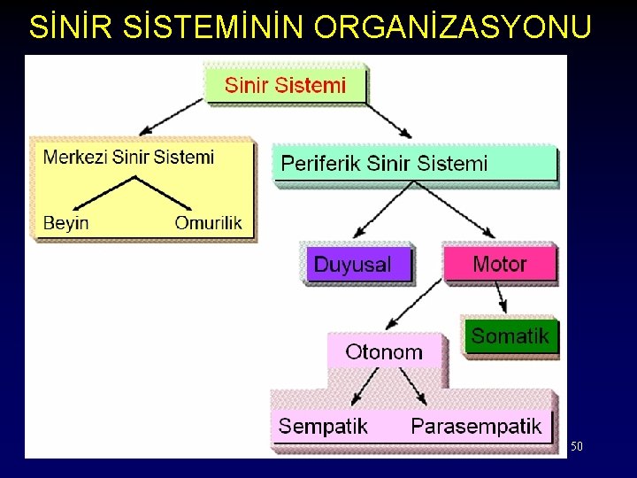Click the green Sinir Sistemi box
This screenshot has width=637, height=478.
(285, 85)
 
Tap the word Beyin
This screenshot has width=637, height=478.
(66, 222)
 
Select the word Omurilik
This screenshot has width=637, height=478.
(208, 222)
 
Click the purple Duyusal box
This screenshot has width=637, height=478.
(359, 265)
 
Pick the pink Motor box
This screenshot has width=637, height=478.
(499, 264)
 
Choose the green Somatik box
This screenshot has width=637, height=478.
(510, 336)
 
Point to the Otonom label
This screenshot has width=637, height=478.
(384, 351)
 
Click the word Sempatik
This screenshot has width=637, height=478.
(323, 426)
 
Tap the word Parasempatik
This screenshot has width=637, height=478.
(476, 426)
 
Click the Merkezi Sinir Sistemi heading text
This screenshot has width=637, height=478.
(129, 158)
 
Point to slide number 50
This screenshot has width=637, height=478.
(576, 447)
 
